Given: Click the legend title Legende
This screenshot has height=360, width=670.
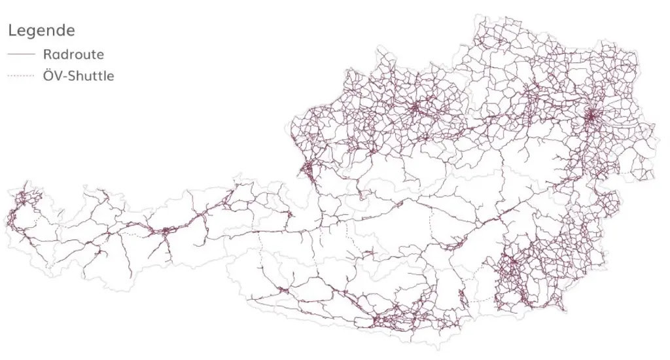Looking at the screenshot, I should coord(41,30).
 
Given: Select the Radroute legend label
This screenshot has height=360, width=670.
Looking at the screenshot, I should coord(73,54).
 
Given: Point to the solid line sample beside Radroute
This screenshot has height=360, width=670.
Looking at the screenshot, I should coord(20,54).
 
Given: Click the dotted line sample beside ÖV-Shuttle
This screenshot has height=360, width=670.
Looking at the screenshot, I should coord(20,77).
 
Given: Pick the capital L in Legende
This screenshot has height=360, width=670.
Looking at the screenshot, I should coord(12,30).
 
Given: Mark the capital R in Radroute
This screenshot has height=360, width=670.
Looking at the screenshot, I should coord(47,54).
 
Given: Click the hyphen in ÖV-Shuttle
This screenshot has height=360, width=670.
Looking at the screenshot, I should coord(65,77).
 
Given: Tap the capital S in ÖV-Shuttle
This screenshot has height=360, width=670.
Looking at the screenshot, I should coord(73,76).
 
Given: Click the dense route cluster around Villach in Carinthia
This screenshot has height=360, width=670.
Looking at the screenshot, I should coord(379,320).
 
